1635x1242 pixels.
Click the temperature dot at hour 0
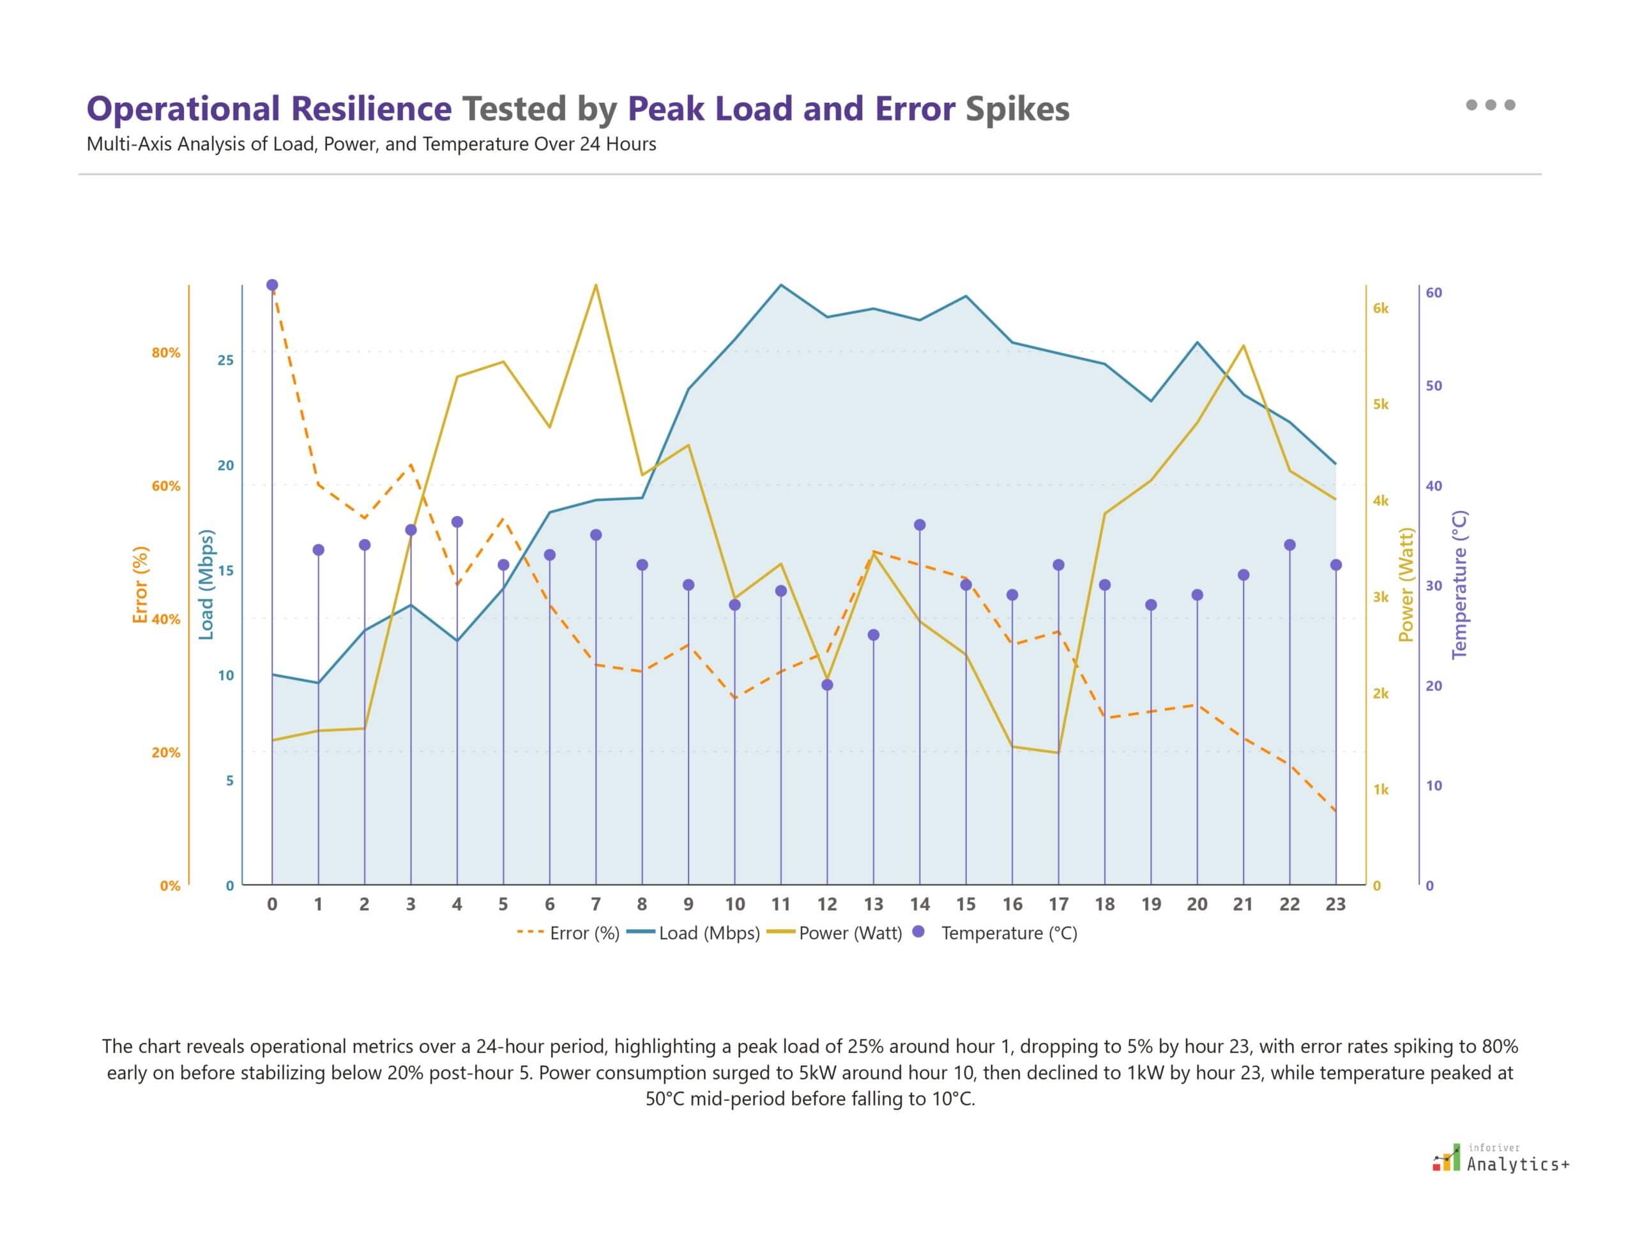tap(272, 285)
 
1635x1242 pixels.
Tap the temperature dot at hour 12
tap(828, 685)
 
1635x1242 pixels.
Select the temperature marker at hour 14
tap(920, 525)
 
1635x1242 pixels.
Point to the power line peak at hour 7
tap(596, 285)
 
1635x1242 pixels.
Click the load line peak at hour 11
tap(781, 285)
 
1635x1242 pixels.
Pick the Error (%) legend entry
tap(568, 933)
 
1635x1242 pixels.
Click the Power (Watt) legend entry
tap(835, 933)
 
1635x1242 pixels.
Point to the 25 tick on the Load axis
tap(225, 360)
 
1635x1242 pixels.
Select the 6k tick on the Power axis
tap(1381, 308)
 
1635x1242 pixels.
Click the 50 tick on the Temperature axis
tap(1433, 386)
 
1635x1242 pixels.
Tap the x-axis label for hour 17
tap(1058, 904)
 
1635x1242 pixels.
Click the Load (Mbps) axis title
tap(206, 584)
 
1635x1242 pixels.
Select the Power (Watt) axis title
tap(1406, 584)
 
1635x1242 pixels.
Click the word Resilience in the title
tap(370, 109)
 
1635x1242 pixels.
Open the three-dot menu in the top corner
tap(1490, 105)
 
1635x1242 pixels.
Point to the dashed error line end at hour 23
tap(1335, 812)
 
